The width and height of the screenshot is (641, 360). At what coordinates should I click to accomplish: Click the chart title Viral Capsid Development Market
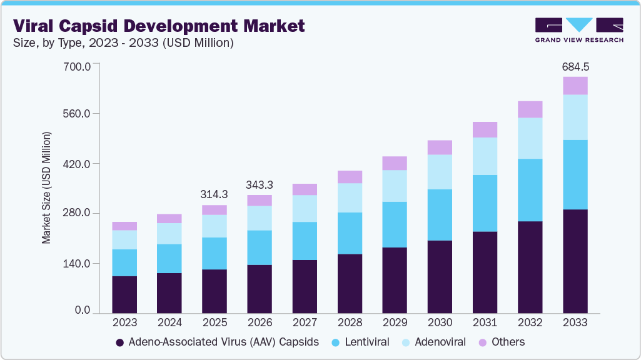tap(159, 26)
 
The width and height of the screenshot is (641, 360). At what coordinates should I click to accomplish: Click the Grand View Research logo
tap(579, 29)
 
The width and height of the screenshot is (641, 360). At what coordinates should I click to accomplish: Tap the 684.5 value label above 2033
tap(575, 66)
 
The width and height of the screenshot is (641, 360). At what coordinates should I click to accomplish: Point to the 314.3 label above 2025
tap(215, 194)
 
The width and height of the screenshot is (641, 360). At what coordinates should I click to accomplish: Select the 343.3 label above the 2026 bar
tap(260, 185)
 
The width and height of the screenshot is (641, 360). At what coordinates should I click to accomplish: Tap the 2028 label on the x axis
tap(350, 322)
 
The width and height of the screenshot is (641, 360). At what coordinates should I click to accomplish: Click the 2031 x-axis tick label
tap(485, 322)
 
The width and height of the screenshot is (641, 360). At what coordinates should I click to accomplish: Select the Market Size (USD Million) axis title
tap(46, 187)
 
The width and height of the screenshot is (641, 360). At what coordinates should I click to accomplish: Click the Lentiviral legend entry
tap(361, 342)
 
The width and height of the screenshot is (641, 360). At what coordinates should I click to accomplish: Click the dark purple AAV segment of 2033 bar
tap(575, 261)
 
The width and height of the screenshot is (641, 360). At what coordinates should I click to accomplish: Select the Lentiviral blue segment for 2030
tap(440, 215)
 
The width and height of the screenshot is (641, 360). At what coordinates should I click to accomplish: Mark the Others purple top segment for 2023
tap(124, 226)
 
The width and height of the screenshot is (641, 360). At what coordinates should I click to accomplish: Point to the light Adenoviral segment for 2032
tap(530, 138)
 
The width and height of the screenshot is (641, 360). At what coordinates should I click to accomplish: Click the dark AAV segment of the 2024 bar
tap(169, 293)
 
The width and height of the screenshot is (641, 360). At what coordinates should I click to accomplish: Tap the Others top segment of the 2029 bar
tap(395, 163)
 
